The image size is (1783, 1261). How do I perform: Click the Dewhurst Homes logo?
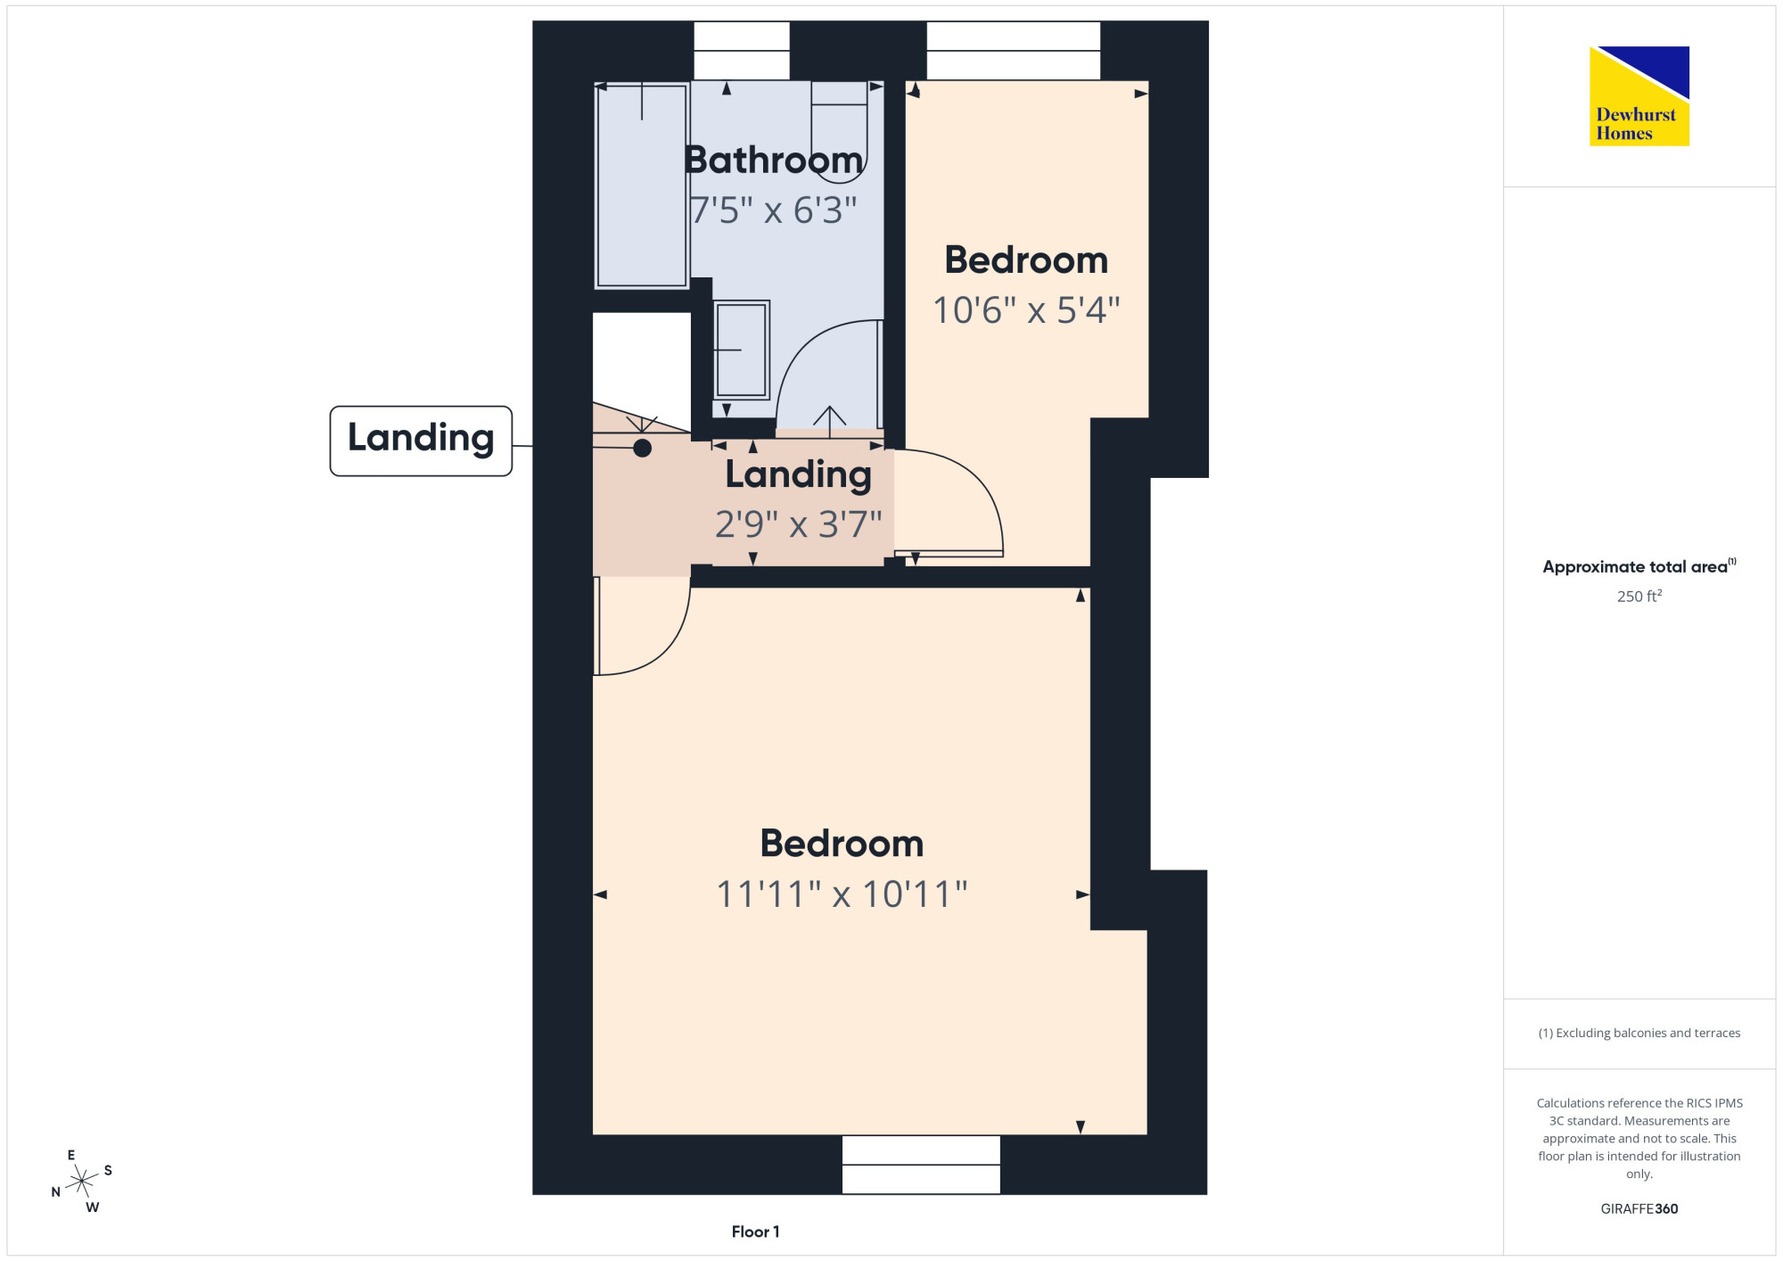coord(1639,96)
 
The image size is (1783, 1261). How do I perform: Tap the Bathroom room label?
coord(774,161)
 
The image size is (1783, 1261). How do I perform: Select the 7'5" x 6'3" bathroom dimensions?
coord(774,210)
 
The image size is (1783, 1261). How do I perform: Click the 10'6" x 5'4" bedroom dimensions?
coord(1026,310)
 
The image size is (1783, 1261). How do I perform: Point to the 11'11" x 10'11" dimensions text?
coord(842,894)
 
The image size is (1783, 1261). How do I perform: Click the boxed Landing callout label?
coord(421,441)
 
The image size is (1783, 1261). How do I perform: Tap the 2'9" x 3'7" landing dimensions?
coord(798,524)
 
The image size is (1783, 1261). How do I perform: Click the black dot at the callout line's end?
coord(642,448)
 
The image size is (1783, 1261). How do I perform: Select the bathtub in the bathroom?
coord(642,185)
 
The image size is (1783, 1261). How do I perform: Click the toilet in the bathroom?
coord(839,132)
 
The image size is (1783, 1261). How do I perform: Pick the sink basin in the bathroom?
coord(742,350)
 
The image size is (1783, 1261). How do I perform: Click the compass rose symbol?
coord(82,1182)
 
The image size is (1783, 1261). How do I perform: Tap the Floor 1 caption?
coord(755,1232)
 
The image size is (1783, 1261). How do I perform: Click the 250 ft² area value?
coord(1639,596)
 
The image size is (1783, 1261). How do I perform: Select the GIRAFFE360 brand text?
coord(1639,1209)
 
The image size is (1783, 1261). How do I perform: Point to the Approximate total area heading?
coord(1639,566)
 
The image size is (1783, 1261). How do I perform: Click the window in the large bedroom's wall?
coord(921,1165)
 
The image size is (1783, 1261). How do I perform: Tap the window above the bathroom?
coord(742,51)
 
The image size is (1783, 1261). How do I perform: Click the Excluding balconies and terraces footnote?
coord(1639,1033)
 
